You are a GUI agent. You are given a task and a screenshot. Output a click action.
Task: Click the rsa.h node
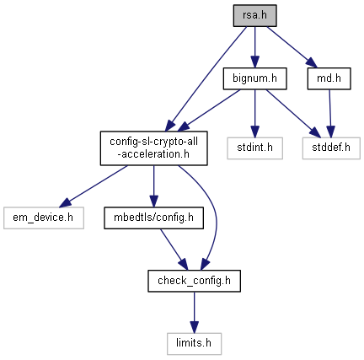[x=254, y=16]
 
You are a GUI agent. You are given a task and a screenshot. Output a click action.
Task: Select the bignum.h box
[x=254, y=78]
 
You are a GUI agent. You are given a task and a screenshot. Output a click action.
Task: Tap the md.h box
[x=329, y=78]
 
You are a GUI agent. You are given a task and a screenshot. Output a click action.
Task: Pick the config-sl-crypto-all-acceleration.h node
[x=154, y=148]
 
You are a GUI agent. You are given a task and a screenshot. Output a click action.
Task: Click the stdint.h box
[x=254, y=148]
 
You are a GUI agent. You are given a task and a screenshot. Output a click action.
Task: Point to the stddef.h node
[x=331, y=148]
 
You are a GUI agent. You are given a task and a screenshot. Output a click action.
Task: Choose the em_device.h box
[x=44, y=218]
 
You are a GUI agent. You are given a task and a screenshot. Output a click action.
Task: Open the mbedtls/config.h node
[x=153, y=218]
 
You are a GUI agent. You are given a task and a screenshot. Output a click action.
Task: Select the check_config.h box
[x=194, y=281]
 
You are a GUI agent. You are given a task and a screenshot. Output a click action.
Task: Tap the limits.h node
[x=194, y=344]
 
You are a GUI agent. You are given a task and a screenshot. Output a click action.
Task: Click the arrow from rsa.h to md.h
[x=292, y=47]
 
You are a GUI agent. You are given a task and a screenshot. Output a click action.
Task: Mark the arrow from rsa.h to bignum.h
[x=254, y=47]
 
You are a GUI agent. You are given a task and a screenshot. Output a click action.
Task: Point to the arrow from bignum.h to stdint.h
[x=254, y=114]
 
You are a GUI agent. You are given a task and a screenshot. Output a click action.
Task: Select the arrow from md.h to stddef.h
[x=330, y=114]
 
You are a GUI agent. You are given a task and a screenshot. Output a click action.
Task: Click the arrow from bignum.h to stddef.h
[x=293, y=114]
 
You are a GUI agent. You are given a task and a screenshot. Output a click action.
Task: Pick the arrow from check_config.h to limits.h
[x=194, y=312]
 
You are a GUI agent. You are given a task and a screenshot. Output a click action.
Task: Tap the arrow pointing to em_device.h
[x=94, y=186]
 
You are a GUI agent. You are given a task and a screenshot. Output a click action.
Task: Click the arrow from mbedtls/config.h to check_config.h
[x=174, y=250]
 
